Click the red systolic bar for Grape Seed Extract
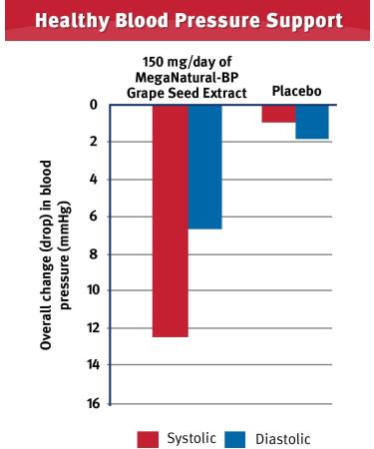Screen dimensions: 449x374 (171, 220)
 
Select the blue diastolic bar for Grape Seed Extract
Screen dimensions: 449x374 (205, 167)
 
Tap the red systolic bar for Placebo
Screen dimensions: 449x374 (278, 113)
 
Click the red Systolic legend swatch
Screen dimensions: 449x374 (148, 437)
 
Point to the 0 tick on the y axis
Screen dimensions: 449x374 (91, 105)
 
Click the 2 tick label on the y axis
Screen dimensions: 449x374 (91, 142)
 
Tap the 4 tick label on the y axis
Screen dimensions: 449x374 (91, 180)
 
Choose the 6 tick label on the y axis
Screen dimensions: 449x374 (91, 217)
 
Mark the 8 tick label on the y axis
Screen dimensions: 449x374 (91, 253)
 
